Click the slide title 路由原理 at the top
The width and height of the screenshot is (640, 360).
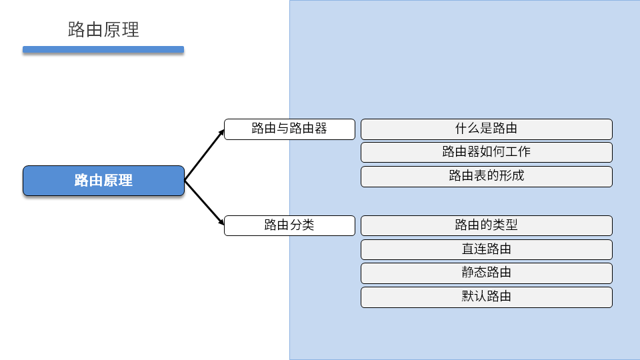click(x=103, y=30)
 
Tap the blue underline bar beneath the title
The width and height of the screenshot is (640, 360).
click(x=103, y=49)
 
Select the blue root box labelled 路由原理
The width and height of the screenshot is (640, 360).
click(x=103, y=181)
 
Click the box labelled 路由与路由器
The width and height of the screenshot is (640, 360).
click(x=289, y=129)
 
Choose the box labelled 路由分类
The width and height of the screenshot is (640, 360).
click(x=289, y=225)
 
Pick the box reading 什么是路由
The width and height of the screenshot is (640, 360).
click(x=486, y=129)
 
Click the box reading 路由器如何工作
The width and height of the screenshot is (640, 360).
click(x=486, y=152)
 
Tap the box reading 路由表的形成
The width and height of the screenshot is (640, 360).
click(x=486, y=176)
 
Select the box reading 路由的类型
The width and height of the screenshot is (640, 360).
click(x=486, y=225)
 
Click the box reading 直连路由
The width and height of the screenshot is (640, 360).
click(x=486, y=249)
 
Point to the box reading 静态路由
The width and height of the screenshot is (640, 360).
click(x=486, y=273)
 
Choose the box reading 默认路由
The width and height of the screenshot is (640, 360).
click(x=486, y=297)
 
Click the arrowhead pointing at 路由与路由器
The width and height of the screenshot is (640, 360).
click(x=221, y=133)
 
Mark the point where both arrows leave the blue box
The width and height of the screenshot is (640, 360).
click(x=185, y=181)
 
